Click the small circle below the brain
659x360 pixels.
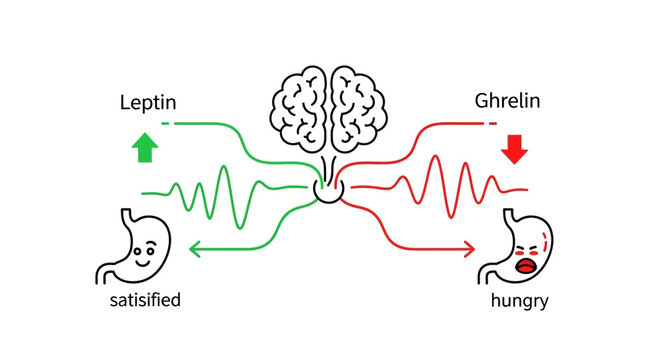[329, 188]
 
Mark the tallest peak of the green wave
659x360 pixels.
[225, 166]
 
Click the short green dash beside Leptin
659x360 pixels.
[165, 122]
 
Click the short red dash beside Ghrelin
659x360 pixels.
[491, 122]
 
